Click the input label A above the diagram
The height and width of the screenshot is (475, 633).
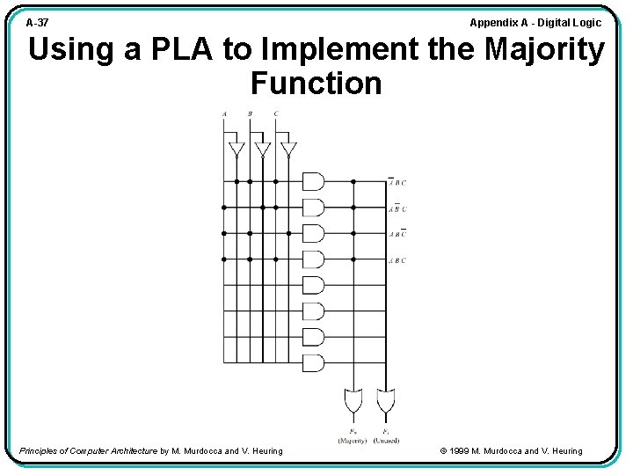point(224,113)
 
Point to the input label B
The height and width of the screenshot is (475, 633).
point(250,113)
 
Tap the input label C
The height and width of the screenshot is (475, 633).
point(276,113)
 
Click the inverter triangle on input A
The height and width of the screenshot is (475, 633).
point(236,148)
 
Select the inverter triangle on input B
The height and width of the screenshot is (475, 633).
point(262,148)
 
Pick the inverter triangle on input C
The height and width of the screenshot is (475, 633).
point(288,148)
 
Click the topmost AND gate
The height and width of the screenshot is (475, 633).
point(313,181)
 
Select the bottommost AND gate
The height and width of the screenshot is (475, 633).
point(313,362)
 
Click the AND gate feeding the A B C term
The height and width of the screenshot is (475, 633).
point(313,259)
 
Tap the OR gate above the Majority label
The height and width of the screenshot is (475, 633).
point(353,401)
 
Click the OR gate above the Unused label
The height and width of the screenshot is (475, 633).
point(384,401)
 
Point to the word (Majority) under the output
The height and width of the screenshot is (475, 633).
point(353,440)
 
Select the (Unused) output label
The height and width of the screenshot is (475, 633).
point(385,440)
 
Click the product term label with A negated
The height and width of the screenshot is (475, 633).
point(397,183)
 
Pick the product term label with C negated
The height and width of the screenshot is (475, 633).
point(397,235)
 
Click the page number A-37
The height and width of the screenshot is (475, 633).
point(38,23)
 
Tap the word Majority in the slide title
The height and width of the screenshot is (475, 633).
point(544,50)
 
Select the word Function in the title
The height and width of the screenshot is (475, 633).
point(316,84)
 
